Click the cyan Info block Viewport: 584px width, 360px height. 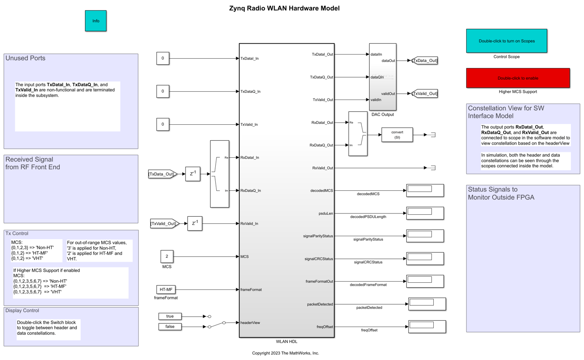click(x=95, y=21)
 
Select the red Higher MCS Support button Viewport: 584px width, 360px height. click(x=518, y=78)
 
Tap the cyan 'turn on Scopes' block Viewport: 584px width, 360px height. click(x=506, y=41)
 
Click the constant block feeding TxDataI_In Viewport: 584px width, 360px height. click(x=163, y=58)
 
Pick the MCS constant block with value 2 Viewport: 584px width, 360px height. click(x=167, y=256)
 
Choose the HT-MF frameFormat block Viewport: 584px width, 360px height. click(x=166, y=289)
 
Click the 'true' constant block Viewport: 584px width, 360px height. click(x=170, y=316)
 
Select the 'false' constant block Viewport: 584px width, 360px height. click(x=170, y=327)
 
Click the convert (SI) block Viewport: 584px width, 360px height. click(x=397, y=135)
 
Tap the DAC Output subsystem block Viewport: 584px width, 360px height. click(x=382, y=77)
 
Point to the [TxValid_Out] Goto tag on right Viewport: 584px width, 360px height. click(x=425, y=94)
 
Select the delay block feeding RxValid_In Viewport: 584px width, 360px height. click(x=195, y=223)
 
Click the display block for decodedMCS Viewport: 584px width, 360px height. click(x=425, y=190)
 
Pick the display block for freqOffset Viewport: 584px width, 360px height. click(x=427, y=327)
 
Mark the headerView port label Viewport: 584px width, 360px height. click(x=250, y=323)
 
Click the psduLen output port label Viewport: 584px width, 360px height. click(x=325, y=213)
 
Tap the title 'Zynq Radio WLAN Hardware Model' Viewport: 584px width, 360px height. click(x=284, y=8)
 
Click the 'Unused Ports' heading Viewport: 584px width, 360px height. click(x=25, y=58)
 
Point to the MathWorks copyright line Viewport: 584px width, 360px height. click(x=285, y=353)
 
